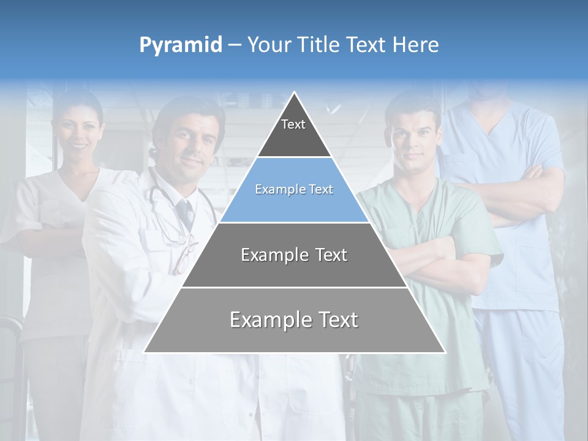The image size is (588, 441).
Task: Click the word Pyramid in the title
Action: pos(181,45)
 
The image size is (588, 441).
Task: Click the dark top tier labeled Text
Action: pos(294,132)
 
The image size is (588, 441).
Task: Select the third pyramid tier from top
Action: pos(294,255)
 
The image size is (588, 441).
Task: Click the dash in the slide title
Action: pos(235,45)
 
